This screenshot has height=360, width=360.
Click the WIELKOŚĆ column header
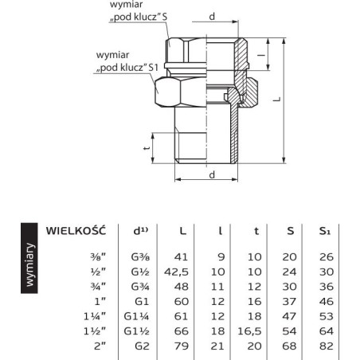(76, 231)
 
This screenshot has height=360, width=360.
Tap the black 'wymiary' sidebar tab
(29, 258)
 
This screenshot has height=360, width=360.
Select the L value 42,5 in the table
(176, 272)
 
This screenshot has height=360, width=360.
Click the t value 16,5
(249, 331)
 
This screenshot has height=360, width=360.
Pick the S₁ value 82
(327, 346)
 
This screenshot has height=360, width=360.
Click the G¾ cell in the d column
(140, 287)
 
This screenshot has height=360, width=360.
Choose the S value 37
(289, 302)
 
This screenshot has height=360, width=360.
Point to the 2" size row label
(100, 346)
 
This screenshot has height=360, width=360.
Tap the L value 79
(182, 346)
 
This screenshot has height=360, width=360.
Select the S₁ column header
(325, 231)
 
